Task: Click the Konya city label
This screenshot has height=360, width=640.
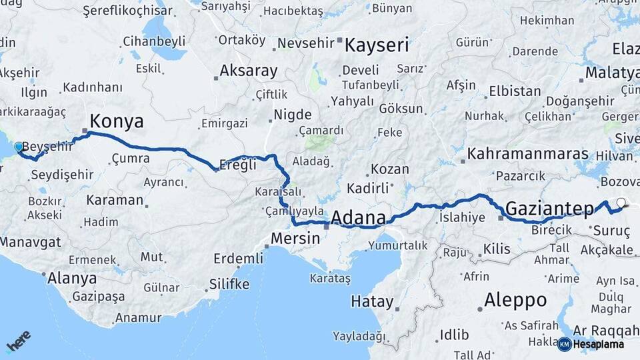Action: point(117,121)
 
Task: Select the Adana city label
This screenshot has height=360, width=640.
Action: point(358,218)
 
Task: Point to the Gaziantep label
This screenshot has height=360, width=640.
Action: point(549,209)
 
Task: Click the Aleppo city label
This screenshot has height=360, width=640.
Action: point(515,299)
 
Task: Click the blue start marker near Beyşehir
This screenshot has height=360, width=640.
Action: point(18,146)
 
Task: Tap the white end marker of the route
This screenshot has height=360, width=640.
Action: point(621,203)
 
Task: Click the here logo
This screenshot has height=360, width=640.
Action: point(19,341)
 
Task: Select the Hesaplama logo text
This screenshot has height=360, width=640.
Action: point(599,344)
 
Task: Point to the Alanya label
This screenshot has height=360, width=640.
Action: point(72,278)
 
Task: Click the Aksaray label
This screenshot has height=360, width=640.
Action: point(249,70)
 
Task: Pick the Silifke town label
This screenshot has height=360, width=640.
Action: point(229,285)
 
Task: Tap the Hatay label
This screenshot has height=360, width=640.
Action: point(372,301)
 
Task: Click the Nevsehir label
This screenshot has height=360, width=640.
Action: point(305,43)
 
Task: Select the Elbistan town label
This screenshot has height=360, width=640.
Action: point(515,91)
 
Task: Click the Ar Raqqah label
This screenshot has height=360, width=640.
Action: point(605,330)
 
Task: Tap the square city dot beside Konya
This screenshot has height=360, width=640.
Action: point(85,131)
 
